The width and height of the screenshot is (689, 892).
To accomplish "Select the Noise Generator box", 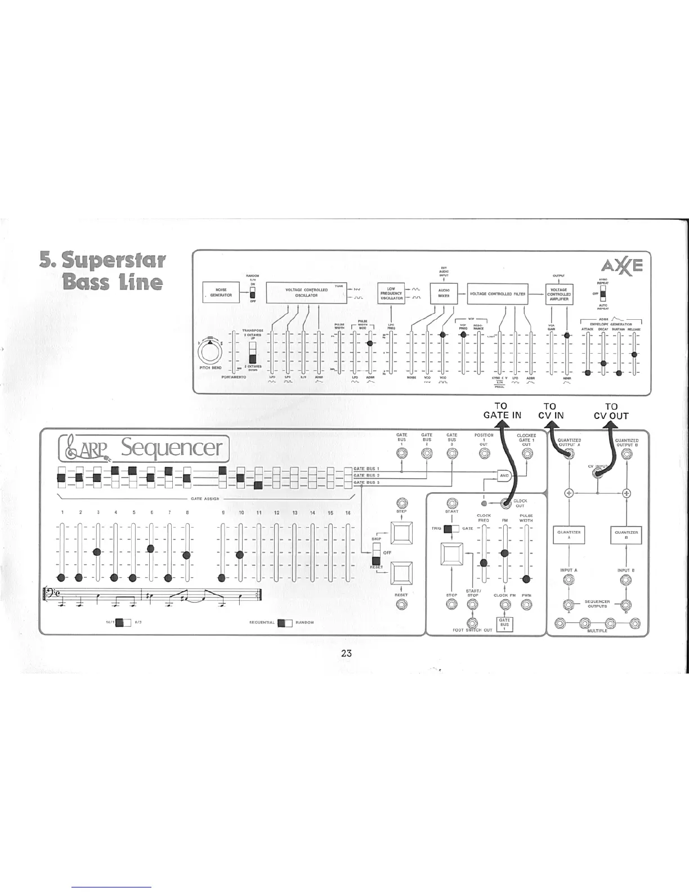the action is point(221,293).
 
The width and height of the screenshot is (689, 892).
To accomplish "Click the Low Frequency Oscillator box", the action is point(391,293).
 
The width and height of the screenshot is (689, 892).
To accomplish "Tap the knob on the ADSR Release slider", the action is point(634,354).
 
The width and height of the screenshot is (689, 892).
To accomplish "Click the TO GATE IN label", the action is point(502,411).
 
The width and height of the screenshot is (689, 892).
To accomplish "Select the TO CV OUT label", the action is point(611,411).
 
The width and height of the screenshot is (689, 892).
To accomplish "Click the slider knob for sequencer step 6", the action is point(150,548).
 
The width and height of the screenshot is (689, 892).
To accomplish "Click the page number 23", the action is point(346,653).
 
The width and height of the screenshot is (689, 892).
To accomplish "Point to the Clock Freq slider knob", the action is point(484,563).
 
